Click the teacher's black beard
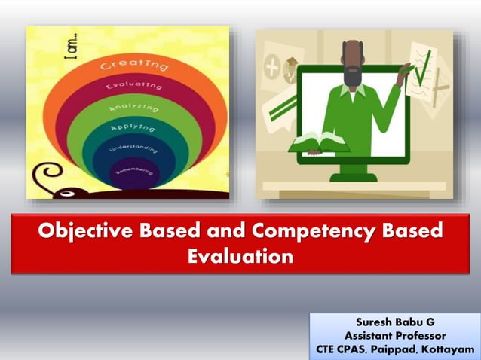352,76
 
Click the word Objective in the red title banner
82,231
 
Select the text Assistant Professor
394,336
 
